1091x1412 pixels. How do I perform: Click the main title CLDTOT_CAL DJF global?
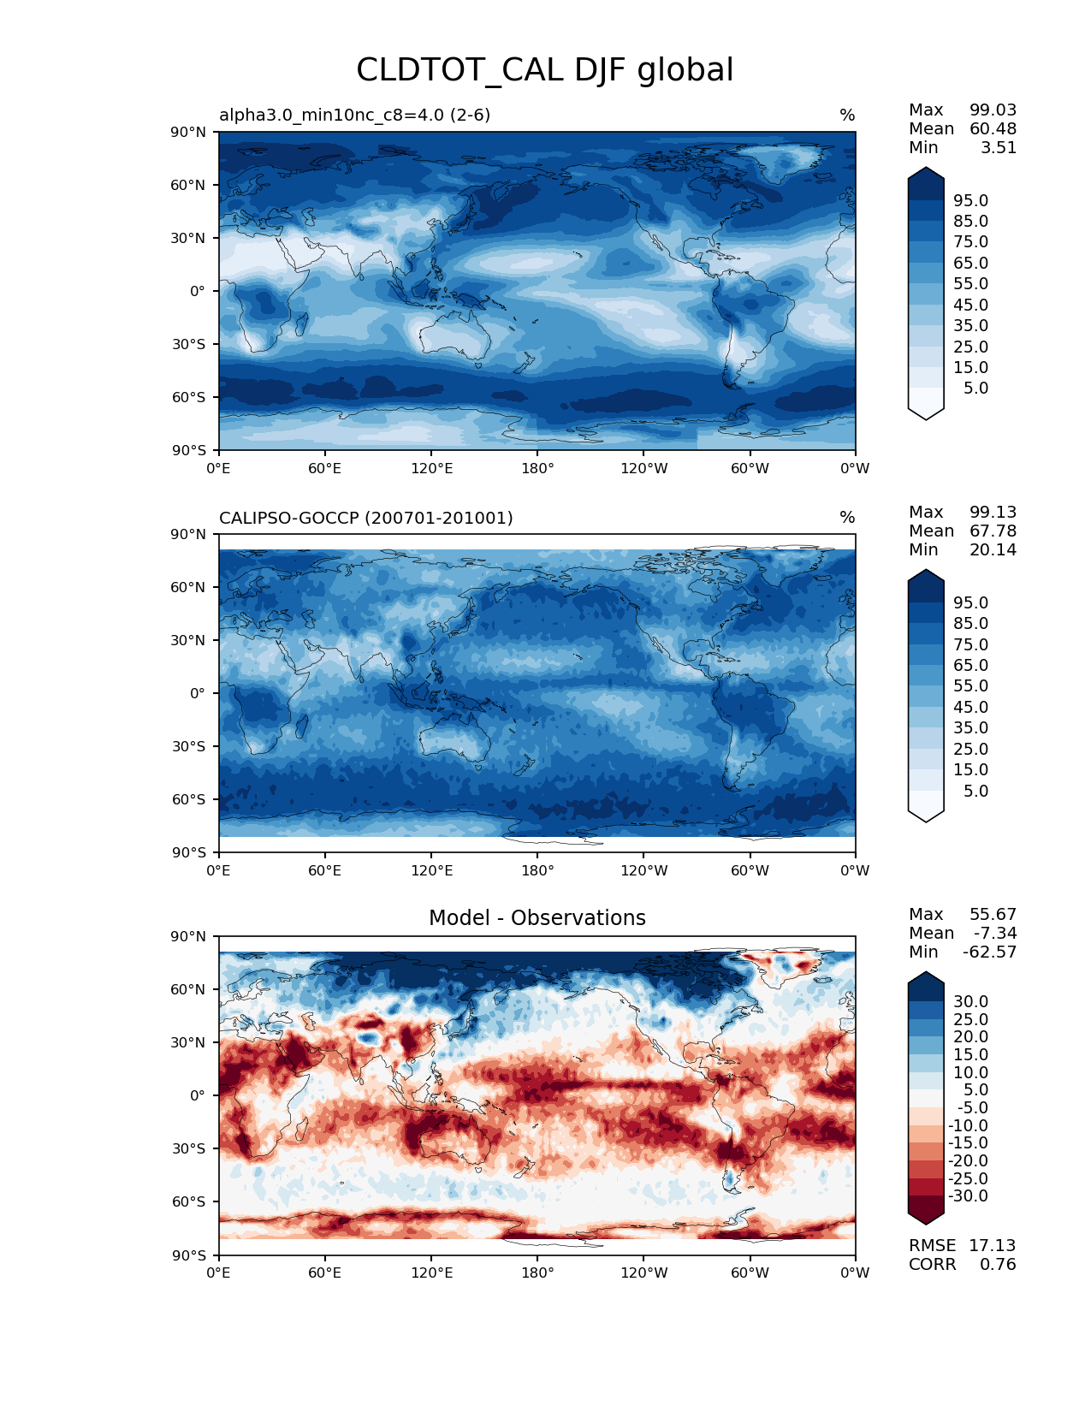click(x=544, y=70)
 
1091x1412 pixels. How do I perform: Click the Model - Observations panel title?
click(x=537, y=918)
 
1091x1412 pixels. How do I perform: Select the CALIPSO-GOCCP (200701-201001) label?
click(x=366, y=518)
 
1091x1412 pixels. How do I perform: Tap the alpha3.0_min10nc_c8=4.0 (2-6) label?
click(x=355, y=116)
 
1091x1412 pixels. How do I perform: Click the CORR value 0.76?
click(x=998, y=1264)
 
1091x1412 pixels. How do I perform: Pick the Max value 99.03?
click(x=993, y=110)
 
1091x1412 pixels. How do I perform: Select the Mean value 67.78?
click(x=993, y=531)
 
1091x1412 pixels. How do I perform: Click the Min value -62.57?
click(x=989, y=952)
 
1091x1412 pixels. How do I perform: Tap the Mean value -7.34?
click(x=994, y=933)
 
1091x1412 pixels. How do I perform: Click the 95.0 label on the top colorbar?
click(x=970, y=200)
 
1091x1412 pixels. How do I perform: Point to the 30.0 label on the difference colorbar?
click(x=970, y=1001)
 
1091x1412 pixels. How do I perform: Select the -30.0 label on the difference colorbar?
click(x=968, y=1195)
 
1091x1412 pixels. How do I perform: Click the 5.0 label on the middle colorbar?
click(x=975, y=791)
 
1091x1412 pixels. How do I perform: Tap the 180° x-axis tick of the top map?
click(x=537, y=468)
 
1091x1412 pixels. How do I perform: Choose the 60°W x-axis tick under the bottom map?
click(x=750, y=1273)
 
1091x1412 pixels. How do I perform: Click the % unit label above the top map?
click(x=847, y=116)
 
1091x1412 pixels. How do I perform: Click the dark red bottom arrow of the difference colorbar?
click(x=926, y=1212)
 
